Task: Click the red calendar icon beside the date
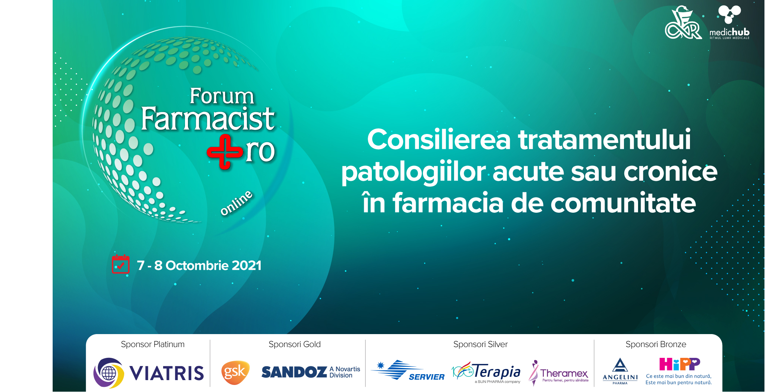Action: [x=120, y=264]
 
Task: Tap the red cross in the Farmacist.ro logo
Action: [x=225, y=152]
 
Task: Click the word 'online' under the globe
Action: [x=236, y=203]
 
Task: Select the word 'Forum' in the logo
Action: [x=222, y=96]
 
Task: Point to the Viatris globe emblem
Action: [x=108, y=373]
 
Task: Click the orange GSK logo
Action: [x=235, y=372]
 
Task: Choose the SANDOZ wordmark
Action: [x=294, y=372]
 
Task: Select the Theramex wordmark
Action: [x=564, y=373]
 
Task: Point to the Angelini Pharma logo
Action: [x=620, y=371]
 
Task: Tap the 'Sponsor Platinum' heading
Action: [x=153, y=344]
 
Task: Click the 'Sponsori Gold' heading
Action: [x=295, y=344]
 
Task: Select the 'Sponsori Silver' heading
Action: [x=480, y=344]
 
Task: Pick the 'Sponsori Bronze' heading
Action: [x=656, y=344]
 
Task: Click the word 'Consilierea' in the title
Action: [x=439, y=140]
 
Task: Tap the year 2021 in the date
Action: [x=247, y=265]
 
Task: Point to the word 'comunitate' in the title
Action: [x=623, y=203]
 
